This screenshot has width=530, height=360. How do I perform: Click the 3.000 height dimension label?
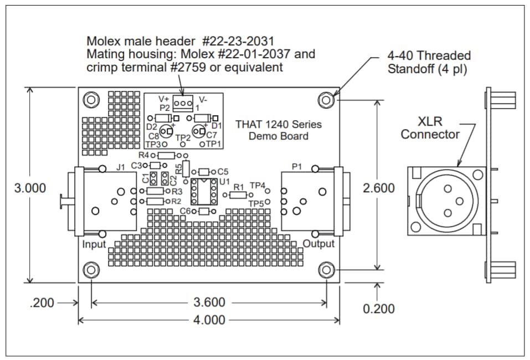tap(30, 188)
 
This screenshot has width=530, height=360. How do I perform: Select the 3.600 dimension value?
tap(209, 302)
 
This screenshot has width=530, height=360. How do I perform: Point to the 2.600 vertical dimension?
tap(378, 188)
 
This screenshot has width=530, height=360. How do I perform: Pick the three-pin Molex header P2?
tap(182, 104)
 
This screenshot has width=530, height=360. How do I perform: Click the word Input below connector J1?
tap(94, 244)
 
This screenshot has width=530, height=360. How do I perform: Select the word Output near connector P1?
tap(318, 244)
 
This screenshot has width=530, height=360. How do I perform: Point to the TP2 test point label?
tap(183, 137)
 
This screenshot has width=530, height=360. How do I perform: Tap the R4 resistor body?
tap(166, 156)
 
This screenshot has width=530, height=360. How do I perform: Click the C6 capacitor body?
tap(204, 212)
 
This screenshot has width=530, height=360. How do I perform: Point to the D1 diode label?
tap(217, 127)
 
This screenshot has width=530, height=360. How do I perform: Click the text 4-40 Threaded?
tap(429, 56)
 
